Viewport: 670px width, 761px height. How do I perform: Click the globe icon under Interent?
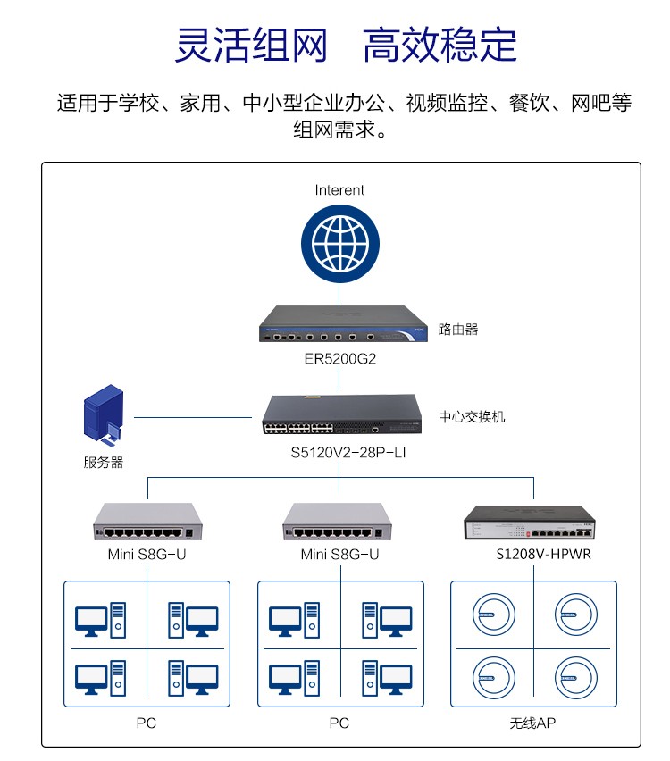(339, 243)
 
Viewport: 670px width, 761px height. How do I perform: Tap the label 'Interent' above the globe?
(339, 189)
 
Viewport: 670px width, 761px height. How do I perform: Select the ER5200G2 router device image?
(343, 323)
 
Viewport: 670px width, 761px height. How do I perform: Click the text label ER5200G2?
(339, 359)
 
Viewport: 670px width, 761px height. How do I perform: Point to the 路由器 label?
(457, 329)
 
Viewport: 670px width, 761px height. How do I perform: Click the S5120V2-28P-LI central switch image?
(342, 414)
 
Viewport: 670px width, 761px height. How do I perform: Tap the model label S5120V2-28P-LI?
(348, 452)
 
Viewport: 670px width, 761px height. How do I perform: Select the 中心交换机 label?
(472, 416)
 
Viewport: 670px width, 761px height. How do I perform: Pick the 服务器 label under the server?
(104, 462)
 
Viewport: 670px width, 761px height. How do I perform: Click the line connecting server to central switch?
(193, 417)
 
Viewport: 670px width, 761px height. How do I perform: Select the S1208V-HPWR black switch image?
(530, 523)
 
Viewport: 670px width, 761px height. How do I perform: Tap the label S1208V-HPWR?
(543, 555)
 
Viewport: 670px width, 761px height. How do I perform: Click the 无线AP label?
(532, 723)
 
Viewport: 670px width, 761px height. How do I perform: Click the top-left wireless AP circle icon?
(494, 615)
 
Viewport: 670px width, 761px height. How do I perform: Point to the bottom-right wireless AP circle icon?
(576, 678)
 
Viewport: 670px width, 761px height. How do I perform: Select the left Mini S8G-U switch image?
(147, 522)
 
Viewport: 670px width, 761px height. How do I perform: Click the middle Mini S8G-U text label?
(339, 555)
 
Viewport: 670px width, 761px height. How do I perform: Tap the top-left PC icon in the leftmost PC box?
(100, 620)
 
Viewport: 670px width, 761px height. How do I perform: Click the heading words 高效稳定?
(440, 46)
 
